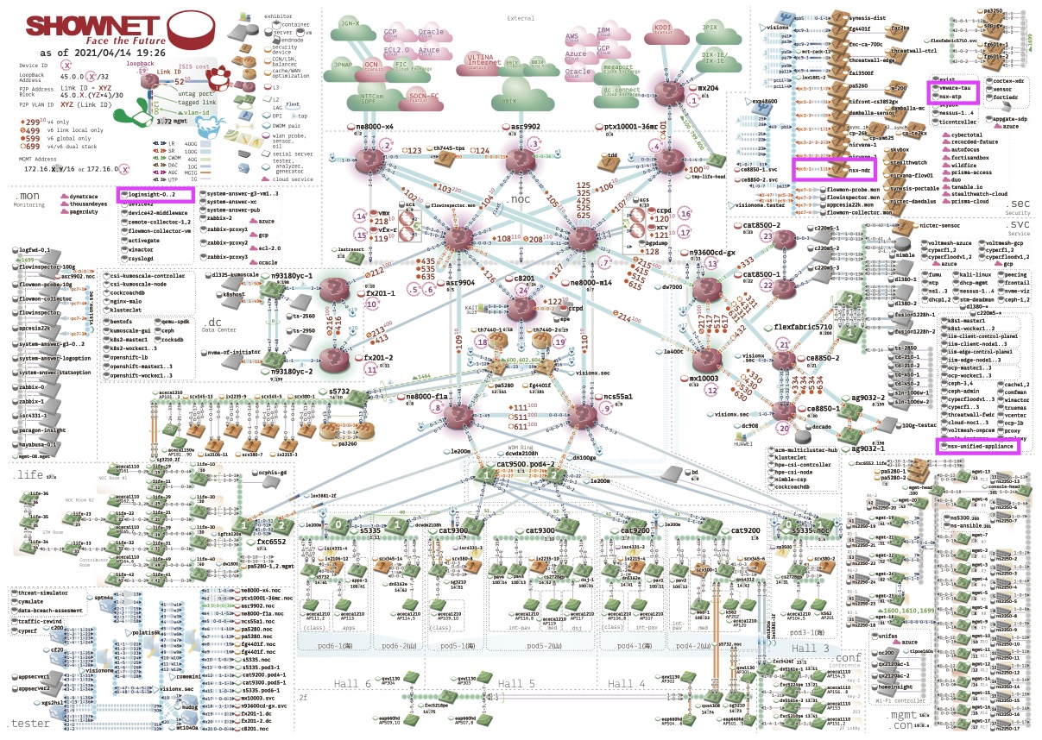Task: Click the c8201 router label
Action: click(526, 279)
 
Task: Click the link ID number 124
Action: click(481, 151)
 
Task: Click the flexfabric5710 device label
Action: click(804, 328)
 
